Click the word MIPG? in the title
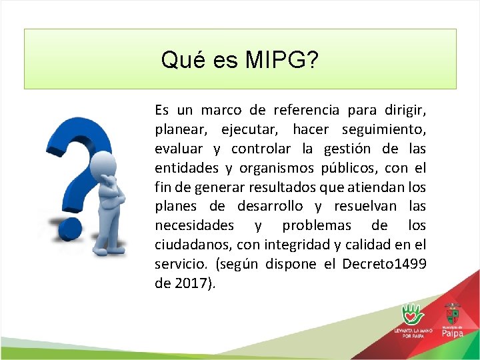point(281,61)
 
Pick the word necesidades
point(194,225)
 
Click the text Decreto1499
point(384,264)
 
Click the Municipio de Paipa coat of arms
point(453,313)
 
